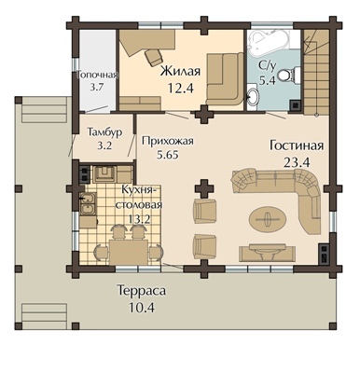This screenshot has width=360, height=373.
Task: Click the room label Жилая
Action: pos(180,71)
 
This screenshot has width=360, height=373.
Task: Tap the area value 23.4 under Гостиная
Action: pos(297,162)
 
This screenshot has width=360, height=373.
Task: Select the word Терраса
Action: pos(142,291)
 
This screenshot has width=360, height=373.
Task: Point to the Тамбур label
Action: pos(104,132)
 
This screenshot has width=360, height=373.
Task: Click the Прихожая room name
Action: pos(168,141)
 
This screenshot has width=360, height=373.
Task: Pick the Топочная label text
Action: pos(98,75)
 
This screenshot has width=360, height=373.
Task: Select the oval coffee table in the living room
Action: pos(267,219)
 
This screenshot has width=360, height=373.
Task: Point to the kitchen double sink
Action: pos(87,204)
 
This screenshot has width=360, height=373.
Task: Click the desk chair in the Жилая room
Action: pos(154,58)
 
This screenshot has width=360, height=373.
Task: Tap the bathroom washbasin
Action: pos(253,97)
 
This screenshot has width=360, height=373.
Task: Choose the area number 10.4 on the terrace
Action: pos(142,308)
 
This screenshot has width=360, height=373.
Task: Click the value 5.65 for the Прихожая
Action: pos(168,155)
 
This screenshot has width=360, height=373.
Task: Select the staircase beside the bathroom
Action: pos(316,72)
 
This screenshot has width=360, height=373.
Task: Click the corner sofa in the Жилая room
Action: pos(225,79)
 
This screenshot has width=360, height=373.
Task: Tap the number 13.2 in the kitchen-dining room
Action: pos(139,219)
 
